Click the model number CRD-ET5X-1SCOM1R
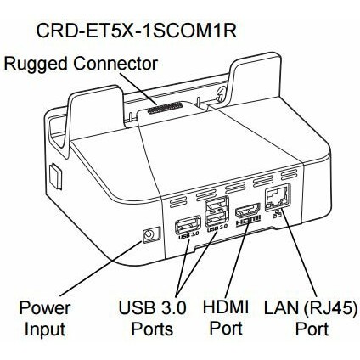pos(136,31)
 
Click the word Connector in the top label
pos(115,63)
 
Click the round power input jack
pos(149,234)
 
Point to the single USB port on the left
pos(188,225)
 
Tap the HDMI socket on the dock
pos(248,210)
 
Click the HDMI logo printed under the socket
pos(248,220)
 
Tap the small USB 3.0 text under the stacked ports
pos(217,228)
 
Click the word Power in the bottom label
pos(45,307)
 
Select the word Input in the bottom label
pos(45,329)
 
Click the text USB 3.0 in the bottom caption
pos(152,307)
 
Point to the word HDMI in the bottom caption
pos(226,307)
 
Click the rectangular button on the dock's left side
pos(55,177)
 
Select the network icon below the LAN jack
pos(276,215)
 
